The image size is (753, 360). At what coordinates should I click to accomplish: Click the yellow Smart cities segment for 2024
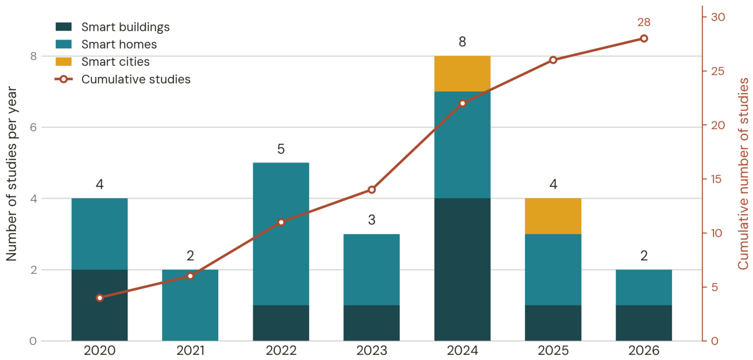[462, 73]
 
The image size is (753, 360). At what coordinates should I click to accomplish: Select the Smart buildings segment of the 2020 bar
[99, 305]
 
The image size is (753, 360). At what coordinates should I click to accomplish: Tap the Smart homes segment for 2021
[190, 305]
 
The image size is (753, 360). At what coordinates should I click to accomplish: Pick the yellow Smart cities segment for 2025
[553, 216]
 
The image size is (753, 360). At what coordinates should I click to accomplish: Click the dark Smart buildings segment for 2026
[644, 323]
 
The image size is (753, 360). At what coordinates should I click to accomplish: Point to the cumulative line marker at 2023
[372, 190]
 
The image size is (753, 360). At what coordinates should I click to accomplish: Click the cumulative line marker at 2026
[644, 38]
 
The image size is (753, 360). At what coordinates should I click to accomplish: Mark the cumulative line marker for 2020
[99, 298]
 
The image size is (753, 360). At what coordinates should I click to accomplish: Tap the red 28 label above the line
[644, 22]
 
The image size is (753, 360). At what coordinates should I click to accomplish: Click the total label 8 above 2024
[462, 42]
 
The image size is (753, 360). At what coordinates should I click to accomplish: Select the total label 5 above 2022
[281, 149]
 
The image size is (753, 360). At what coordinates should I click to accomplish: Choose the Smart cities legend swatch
[64, 62]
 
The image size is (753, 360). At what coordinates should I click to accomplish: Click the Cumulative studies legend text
[136, 79]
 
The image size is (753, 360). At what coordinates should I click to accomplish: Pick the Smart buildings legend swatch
[64, 27]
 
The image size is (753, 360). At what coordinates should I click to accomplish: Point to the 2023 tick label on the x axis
[372, 351]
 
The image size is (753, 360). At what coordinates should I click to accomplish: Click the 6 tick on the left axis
[33, 127]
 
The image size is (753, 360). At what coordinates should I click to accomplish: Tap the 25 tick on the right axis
[718, 71]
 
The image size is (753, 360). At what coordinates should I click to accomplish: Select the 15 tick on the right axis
[717, 179]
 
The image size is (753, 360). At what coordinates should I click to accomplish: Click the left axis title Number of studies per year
[11, 174]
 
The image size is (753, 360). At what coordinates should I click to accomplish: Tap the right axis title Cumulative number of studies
[744, 174]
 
